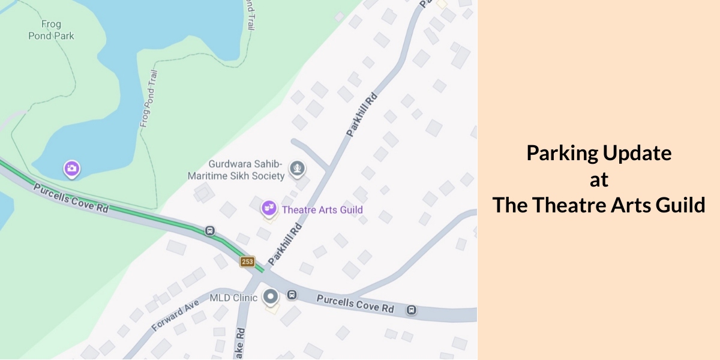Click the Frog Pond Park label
(x=51, y=30)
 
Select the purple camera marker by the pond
(x=72, y=169)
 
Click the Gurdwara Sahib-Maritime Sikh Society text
(x=245, y=170)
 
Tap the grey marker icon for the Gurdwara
(x=296, y=169)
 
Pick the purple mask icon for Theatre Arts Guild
(x=269, y=209)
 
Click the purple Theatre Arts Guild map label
(x=322, y=210)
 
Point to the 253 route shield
(x=247, y=262)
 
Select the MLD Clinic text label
(x=233, y=298)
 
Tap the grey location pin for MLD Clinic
(x=271, y=296)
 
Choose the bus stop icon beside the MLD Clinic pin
(x=292, y=295)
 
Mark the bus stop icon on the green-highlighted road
(x=210, y=230)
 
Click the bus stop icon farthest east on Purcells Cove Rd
(x=412, y=310)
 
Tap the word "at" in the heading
(x=598, y=179)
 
